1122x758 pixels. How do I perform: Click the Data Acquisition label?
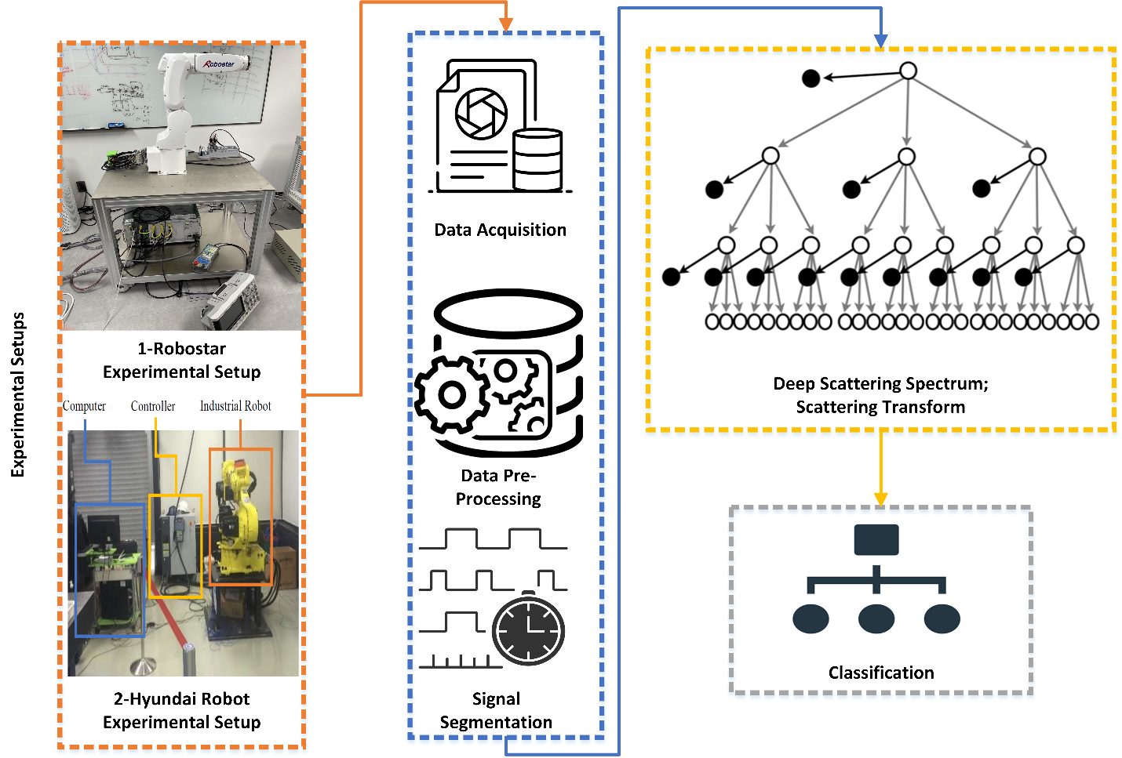coord(500,230)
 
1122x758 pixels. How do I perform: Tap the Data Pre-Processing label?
coord(498,487)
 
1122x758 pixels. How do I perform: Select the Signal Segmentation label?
coord(496,710)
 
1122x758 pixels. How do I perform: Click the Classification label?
coord(881,673)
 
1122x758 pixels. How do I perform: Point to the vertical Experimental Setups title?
coord(18,394)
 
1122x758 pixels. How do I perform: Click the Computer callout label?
coord(84,406)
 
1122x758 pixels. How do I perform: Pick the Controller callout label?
coord(153,406)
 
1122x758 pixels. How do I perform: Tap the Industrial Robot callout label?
coord(235,406)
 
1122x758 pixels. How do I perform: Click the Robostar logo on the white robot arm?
coord(220,63)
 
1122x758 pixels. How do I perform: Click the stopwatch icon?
coord(528,630)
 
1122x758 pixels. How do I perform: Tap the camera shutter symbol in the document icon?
coord(481,114)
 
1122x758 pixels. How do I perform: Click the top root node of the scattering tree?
coord(908,71)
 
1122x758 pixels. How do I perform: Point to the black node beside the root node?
coord(811,78)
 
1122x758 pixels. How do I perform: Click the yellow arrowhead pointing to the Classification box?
coord(880,499)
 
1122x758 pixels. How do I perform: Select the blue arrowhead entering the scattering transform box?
coord(880,40)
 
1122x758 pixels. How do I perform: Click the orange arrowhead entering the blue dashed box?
coord(506,25)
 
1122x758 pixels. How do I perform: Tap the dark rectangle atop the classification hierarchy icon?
coord(876,540)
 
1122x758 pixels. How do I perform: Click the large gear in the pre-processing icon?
coord(452,394)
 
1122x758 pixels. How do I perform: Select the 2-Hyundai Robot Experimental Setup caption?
coord(182,710)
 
